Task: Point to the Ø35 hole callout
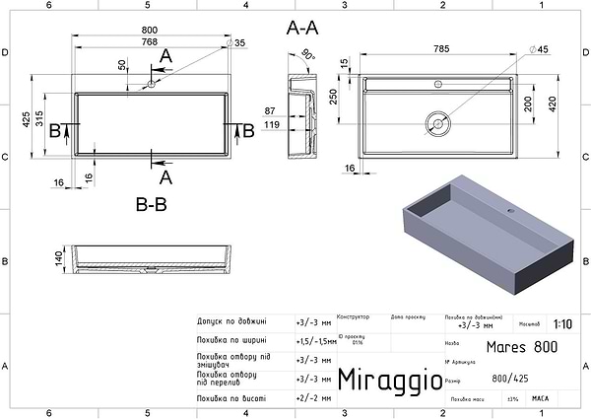coord(235,43)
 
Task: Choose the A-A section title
coord(303,30)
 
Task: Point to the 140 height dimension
coord(58,257)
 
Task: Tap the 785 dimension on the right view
coord(435,47)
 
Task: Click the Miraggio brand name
coord(383,380)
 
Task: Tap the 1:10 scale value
coord(562,322)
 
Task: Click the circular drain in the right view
coord(437,123)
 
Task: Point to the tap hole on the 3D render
coord(510,211)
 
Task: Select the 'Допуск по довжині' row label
coord(231,322)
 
